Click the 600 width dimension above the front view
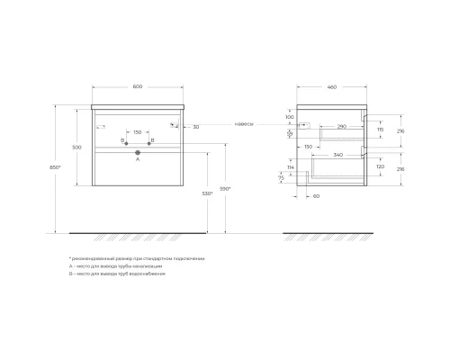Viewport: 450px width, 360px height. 138,86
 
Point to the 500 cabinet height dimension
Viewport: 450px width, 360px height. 77,146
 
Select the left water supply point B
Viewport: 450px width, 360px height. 124,143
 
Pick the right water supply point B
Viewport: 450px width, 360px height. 150,143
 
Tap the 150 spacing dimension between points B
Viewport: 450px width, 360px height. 138,131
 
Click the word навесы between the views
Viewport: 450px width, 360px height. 243,124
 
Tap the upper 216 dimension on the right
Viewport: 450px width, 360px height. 400,131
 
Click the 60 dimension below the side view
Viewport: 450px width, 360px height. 317,195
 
